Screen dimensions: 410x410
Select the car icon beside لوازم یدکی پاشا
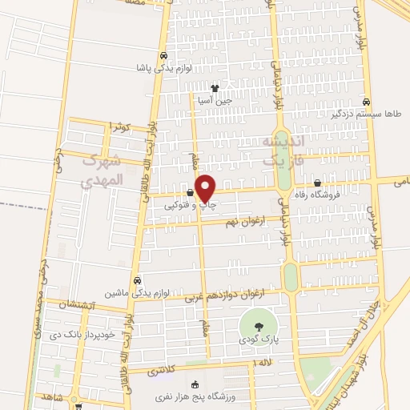point(164,56)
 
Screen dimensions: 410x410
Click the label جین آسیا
point(215,100)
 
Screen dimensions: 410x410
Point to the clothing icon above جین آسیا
point(215,88)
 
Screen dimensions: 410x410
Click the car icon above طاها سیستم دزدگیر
point(365,102)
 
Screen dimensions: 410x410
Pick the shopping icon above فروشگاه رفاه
point(318,182)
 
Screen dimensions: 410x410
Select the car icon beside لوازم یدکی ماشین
point(138,281)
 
